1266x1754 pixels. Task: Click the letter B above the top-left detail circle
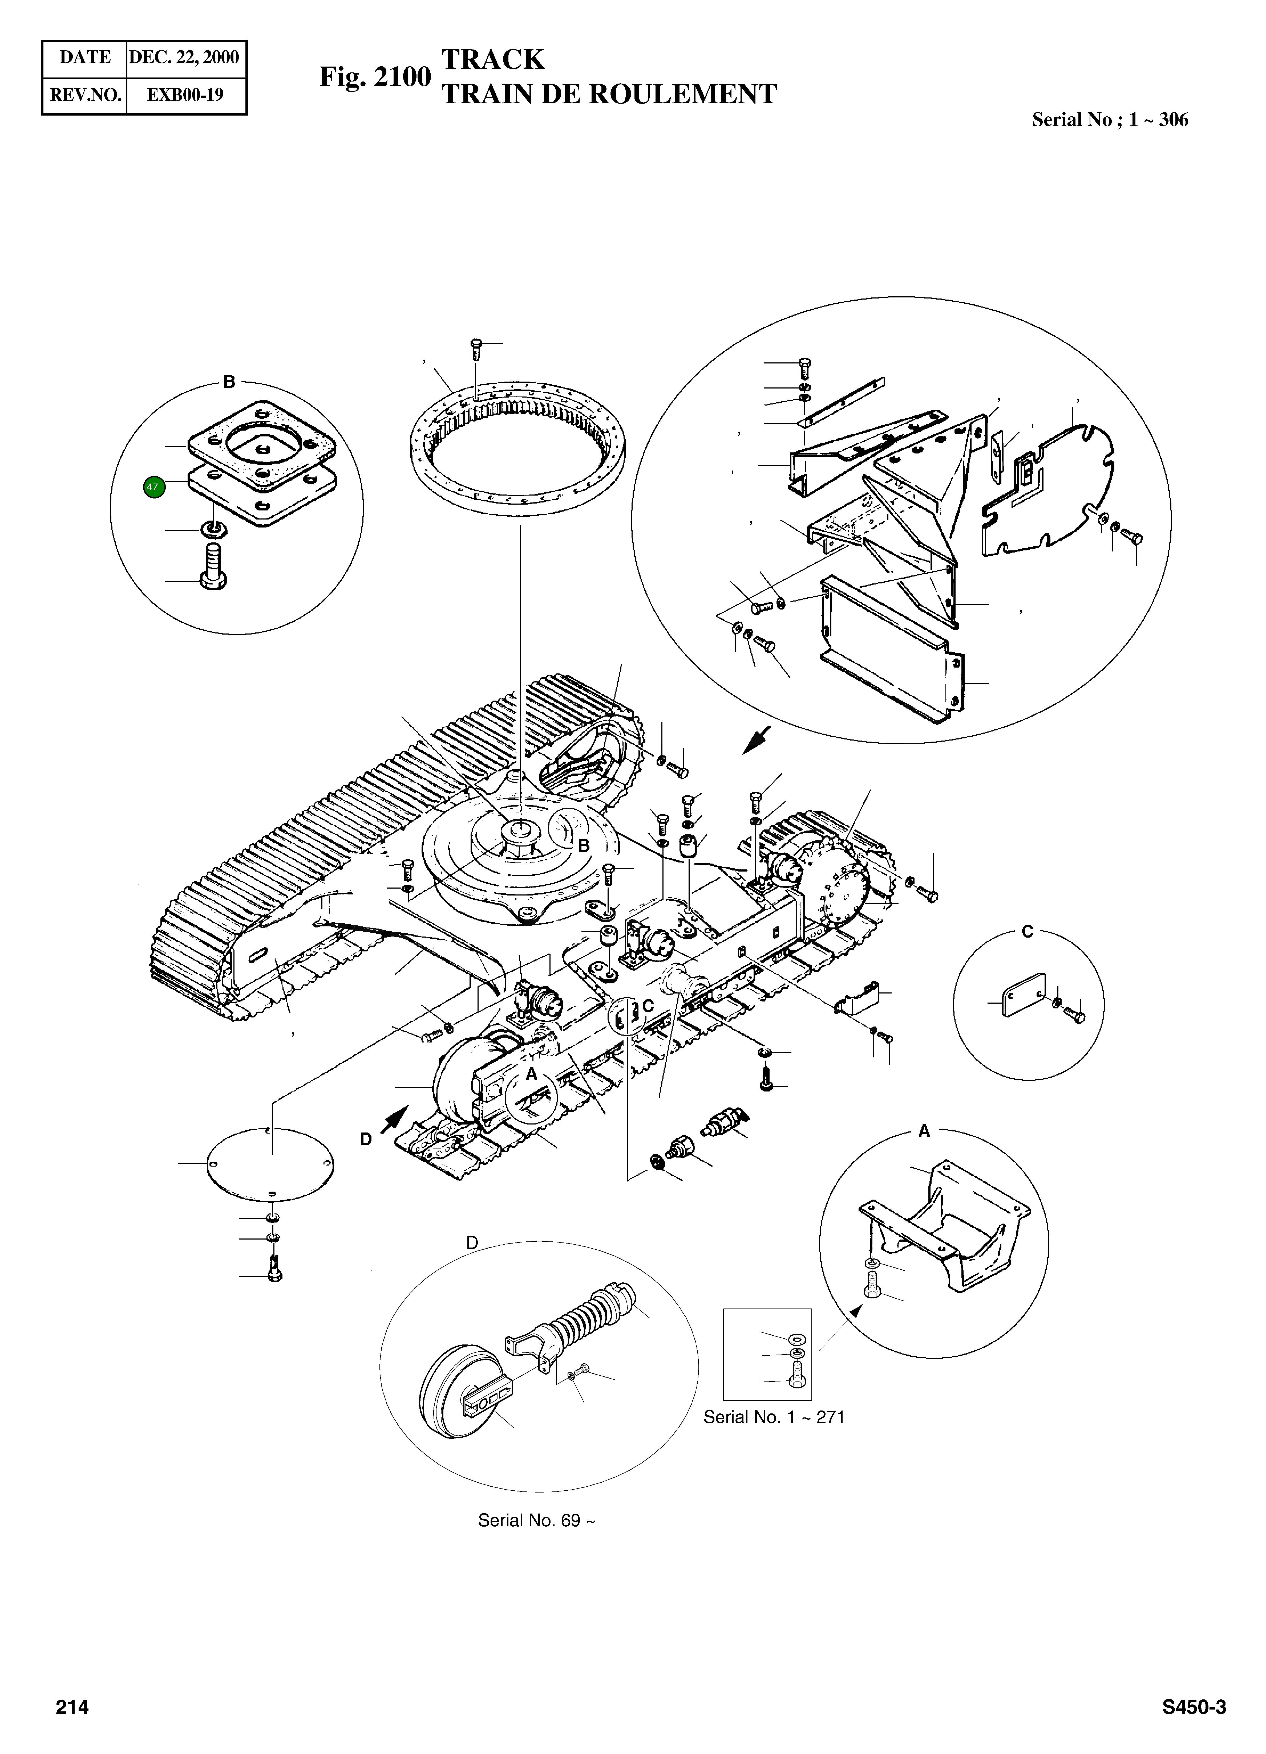[229, 382]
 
